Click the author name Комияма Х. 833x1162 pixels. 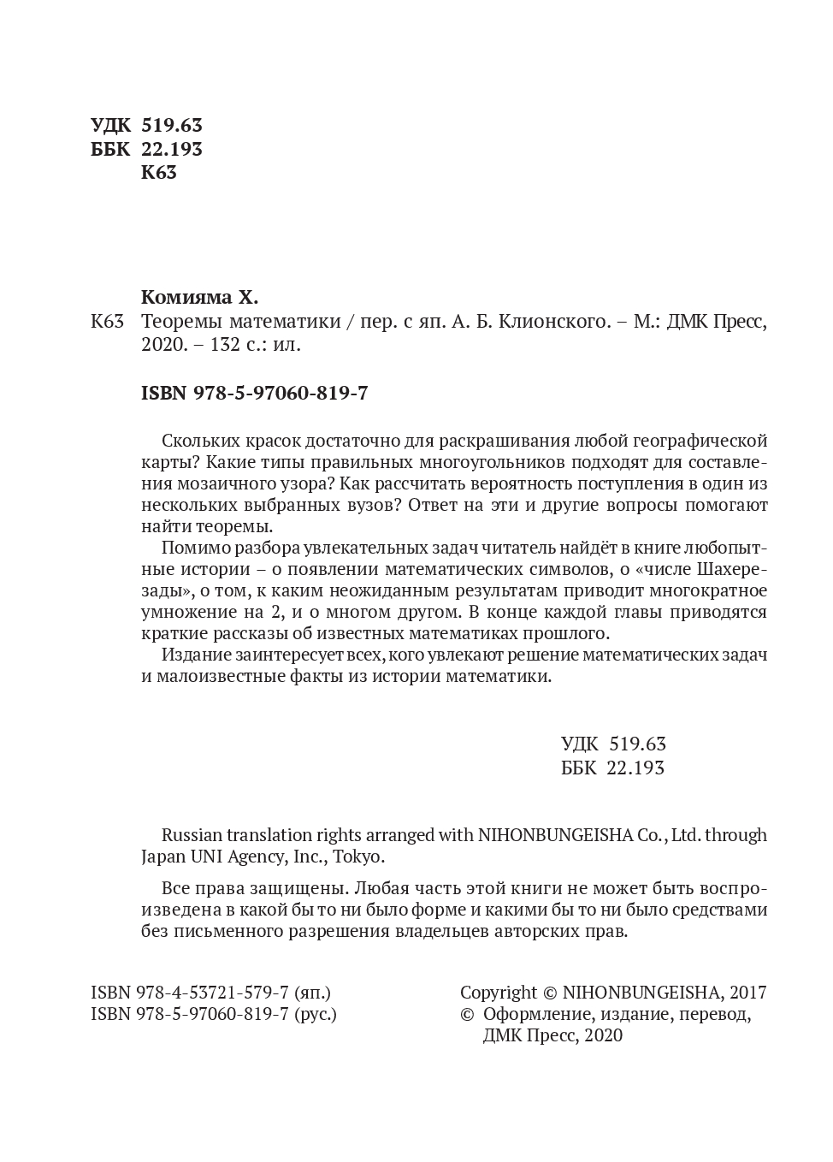198,298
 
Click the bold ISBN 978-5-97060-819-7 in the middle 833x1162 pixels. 254,393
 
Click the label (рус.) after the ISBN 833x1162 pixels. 316,1014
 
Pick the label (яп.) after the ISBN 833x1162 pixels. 312,993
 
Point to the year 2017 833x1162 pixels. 748,993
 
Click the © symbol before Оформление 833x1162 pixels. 466,1014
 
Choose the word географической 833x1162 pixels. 700,441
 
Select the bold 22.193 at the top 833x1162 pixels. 172,149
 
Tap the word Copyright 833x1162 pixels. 499,993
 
